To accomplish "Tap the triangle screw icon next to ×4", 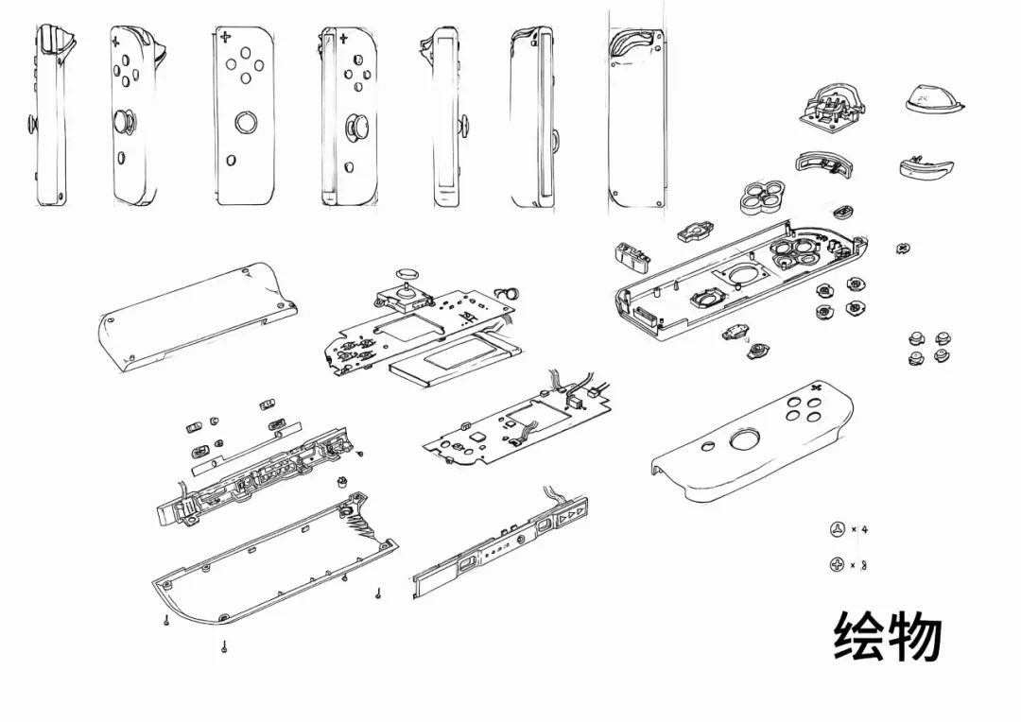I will (x=836, y=529).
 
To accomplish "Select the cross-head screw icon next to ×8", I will (x=836, y=565).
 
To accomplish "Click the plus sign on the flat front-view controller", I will (x=225, y=39).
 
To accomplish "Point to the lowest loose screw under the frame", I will (x=224, y=646).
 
